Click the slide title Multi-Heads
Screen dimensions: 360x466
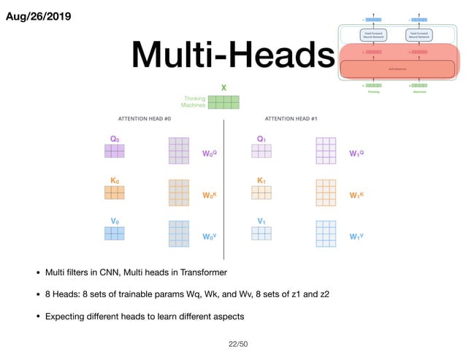232,55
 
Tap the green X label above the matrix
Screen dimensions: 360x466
224,88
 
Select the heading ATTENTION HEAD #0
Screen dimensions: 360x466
145,118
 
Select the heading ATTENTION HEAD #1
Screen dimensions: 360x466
291,118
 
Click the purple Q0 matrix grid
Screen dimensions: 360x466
114,151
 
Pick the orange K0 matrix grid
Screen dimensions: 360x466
114,192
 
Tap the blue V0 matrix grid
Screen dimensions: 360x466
114,233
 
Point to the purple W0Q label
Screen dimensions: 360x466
210,154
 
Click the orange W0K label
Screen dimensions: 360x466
210,195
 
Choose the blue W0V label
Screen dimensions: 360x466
210,237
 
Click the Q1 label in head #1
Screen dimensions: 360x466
261,139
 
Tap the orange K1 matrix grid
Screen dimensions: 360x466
261,192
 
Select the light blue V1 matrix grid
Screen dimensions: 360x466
261,233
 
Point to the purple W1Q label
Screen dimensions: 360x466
356,154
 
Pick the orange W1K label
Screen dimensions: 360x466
356,195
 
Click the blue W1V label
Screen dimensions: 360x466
356,237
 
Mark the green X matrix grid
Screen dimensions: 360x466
224,102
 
